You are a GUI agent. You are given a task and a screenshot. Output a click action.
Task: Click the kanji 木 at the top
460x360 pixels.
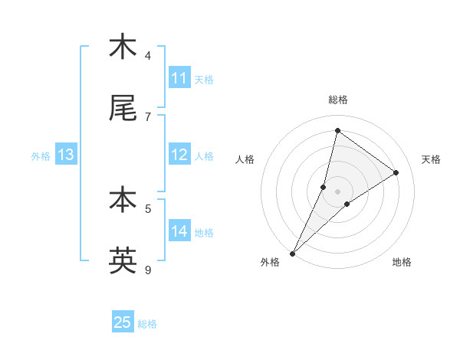pos(123,47)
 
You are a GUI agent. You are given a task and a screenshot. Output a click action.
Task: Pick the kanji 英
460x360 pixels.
pos(123,260)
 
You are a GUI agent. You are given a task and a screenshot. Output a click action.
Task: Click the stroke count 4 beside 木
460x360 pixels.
pos(148,55)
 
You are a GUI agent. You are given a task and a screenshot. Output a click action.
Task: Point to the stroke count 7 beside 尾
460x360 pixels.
pos(148,116)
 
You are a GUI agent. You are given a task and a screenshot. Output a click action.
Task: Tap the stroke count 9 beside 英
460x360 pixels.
pos(148,270)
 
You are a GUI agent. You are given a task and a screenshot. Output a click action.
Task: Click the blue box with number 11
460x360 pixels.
pos(179,78)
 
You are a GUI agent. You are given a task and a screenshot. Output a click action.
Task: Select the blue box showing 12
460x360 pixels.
pos(179,155)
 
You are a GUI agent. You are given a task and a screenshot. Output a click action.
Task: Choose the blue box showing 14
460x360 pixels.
pos(179,231)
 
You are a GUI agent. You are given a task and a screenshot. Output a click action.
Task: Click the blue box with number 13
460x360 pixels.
pos(66,155)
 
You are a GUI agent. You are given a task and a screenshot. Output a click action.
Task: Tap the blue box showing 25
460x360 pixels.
pos(123,322)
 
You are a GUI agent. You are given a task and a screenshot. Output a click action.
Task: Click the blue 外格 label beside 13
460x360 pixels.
pos(41,155)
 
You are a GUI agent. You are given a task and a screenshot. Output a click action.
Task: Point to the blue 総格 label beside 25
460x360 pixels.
pos(147,324)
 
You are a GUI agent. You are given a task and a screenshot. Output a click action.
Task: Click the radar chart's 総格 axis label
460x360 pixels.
pos(338,100)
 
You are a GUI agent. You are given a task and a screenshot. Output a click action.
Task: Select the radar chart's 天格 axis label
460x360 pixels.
pos(432,159)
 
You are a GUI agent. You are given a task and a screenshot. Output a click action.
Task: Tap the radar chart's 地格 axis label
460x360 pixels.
pos(402,262)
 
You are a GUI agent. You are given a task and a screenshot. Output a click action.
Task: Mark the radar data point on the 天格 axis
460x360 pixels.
pos(396,172)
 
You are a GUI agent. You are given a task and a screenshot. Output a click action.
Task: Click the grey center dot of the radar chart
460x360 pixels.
pos(338,191)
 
